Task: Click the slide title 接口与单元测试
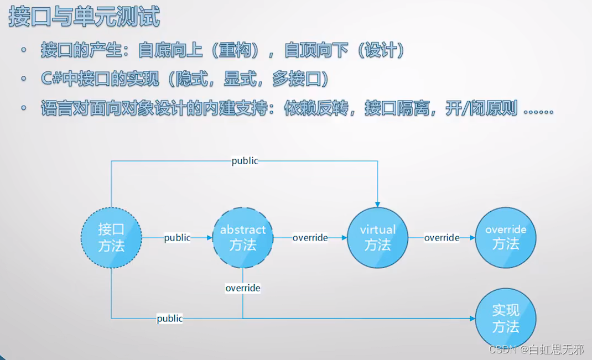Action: pyautogui.click(x=84, y=17)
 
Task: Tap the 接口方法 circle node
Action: pyautogui.click(x=111, y=238)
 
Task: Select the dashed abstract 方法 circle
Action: pyautogui.click(x=243, y=238)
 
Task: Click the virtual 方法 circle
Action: pyautogui.click(x=378, y=238)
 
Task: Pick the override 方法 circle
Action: pyautogui.click(x=506, y=237)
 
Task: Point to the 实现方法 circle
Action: pyautogui.click(x=506, y=319)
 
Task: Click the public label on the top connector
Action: pyautogui.click(x=245, y=161)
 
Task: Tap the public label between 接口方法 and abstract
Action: pyautogui.click(x=177, y=238)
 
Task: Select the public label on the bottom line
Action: pyautogui.click(x=170, y=319)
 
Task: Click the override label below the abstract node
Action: pyautogui.click(x=243, y=288)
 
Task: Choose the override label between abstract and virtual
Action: pyautogui.click(x=310, y=238)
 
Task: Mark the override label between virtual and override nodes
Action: pyautogui.click(x=442, y=238)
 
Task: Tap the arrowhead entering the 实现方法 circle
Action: pyautogui.click(x=472, y=319)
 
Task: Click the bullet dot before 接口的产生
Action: pyautogui.click(x=24, y=51)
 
